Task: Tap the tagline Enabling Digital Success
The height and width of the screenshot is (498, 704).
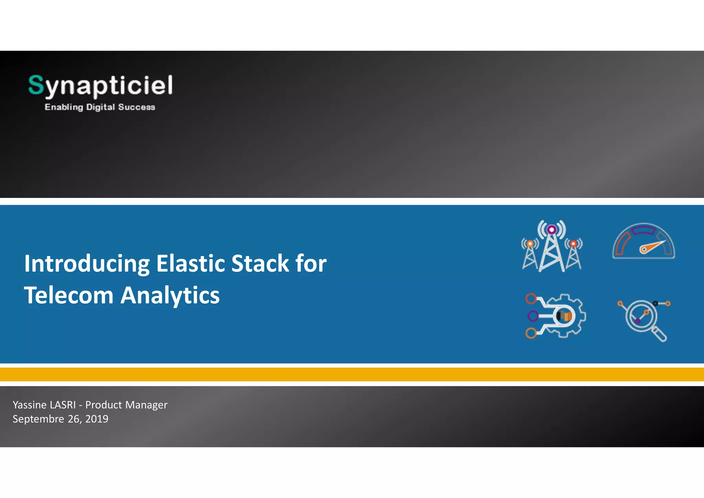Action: coord(100,107)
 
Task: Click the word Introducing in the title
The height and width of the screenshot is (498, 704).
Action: coord(87,264)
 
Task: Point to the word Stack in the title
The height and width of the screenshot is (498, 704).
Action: coord(260,264)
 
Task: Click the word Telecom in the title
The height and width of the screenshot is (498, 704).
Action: coord(68,295)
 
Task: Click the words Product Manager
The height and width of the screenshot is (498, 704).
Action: coord(126,405)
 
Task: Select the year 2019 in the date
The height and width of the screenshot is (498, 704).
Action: coord(97,419)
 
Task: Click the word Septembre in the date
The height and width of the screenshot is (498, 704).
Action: coord(38,419)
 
